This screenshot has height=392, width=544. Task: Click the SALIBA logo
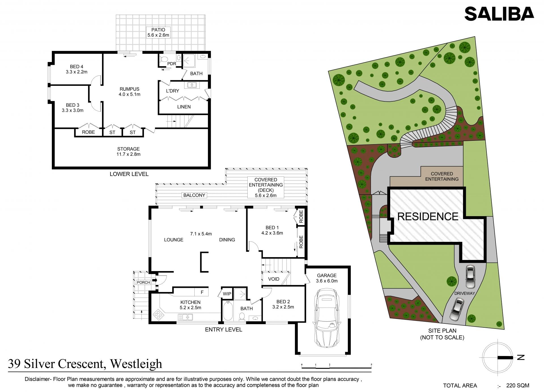499,14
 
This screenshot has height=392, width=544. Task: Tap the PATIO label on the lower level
158,30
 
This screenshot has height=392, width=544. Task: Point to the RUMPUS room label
129,89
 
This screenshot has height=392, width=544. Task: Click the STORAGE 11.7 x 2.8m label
129,152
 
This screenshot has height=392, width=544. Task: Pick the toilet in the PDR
163,59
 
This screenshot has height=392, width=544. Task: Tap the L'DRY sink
192,85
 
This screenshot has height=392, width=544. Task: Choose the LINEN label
184,107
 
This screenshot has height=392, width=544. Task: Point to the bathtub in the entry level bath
228,311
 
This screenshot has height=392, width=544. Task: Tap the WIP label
227,294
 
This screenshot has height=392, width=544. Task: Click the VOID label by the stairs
274,279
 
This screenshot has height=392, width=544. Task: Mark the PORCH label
143,282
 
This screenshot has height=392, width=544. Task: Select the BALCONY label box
194,195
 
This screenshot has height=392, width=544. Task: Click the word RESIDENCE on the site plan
428,216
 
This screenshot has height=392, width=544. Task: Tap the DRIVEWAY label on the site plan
464,293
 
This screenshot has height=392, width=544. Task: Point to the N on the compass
521,357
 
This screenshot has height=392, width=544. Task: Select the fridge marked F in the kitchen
201,292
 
